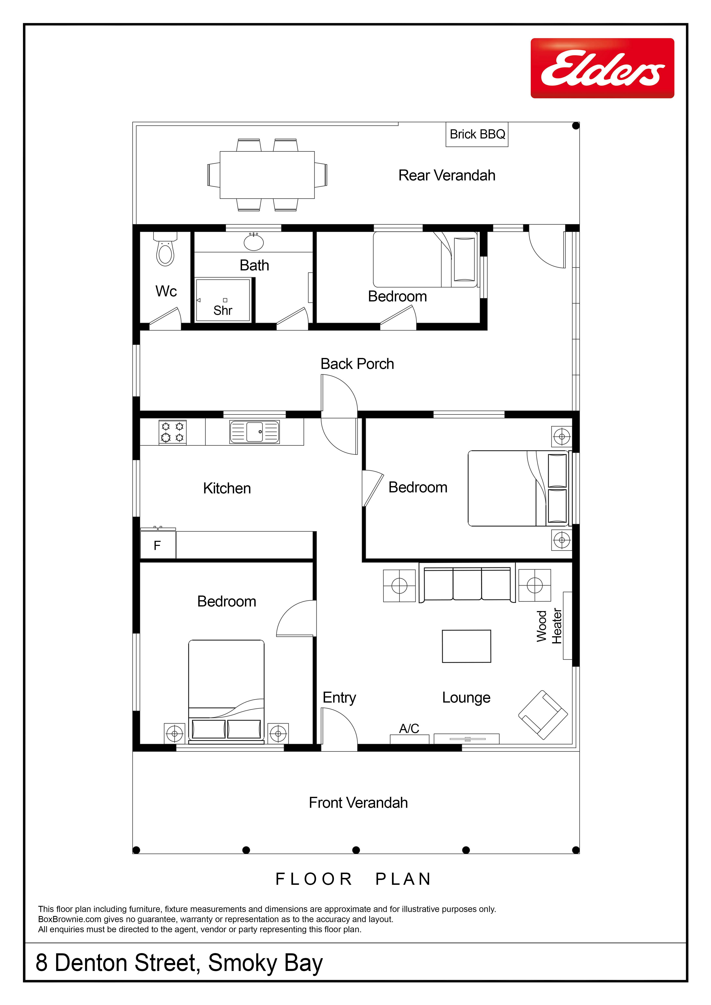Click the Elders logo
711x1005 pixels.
603,68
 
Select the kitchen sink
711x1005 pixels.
254,432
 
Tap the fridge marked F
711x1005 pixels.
158,545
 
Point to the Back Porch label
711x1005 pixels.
357,364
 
